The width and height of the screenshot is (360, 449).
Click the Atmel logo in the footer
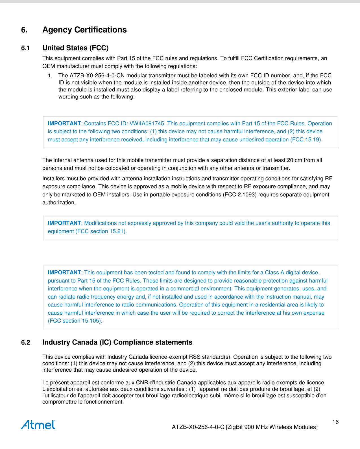pos(38,425)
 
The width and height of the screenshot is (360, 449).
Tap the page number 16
pos(335,422)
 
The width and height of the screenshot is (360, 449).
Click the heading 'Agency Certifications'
pos(84,30)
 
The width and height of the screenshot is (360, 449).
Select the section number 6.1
pos(25,48)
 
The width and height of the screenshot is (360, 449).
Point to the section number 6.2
pos(25,342)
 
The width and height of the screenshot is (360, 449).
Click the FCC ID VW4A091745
pos(147,124)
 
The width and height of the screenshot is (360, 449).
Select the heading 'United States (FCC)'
pos(75,48)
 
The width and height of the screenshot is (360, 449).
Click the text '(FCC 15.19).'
pos(306,140)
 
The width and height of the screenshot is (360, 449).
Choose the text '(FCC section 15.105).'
pos(75,321)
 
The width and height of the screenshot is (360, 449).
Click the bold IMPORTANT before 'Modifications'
pos(64,223)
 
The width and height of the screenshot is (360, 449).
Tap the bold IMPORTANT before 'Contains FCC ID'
pos(64,124)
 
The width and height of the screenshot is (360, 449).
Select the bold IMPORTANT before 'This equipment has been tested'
pos(64,273)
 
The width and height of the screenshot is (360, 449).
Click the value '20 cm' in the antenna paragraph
pos(294,160)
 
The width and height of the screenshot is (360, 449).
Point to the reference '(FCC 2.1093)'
pos(240,195)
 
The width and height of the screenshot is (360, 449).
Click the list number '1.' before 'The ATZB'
pos(50,76)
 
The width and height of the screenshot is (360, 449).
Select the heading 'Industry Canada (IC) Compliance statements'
pos(117,342)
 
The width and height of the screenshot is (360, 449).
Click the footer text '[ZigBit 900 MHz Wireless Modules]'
pos(272,427)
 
